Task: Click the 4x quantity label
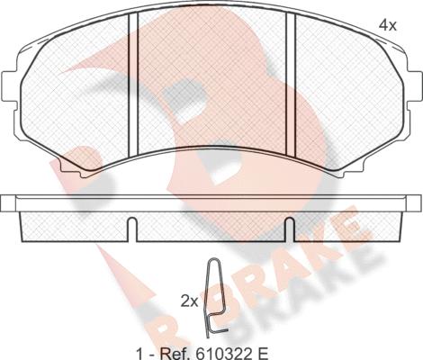(x=388, y=26)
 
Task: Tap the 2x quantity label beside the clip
(x=189, y=301)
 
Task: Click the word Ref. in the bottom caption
(x=174, y=354)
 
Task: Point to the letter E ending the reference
(x=263, y=354)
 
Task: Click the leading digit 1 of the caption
(x=139, y=354)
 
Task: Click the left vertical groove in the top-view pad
(x=133, y=85)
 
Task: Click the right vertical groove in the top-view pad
(x=291, y=85)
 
